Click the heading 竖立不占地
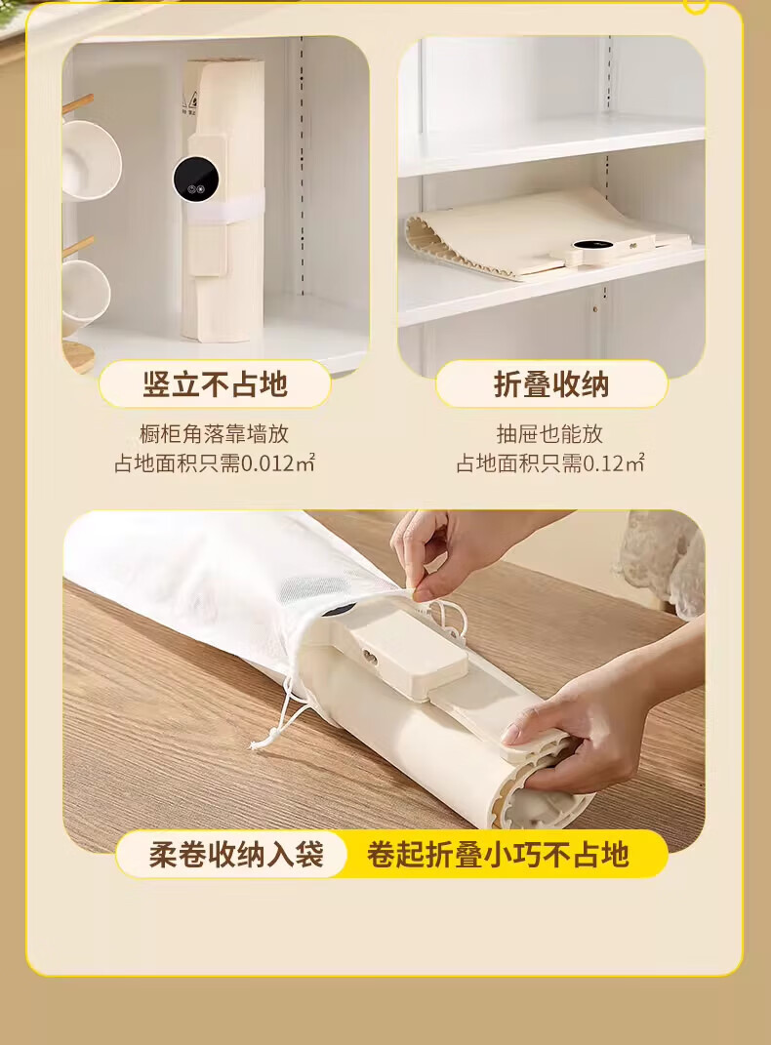coord(215,384)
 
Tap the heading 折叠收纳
coord(551,384)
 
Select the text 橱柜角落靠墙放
coord(214,434)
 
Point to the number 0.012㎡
coord(277,462)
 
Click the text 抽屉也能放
coord(549,434)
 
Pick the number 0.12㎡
coord(613,462)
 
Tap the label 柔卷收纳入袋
coord(236,855)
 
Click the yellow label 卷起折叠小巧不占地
coord(498,855)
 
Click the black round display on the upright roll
coord(196,178)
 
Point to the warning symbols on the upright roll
coord(190,104)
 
